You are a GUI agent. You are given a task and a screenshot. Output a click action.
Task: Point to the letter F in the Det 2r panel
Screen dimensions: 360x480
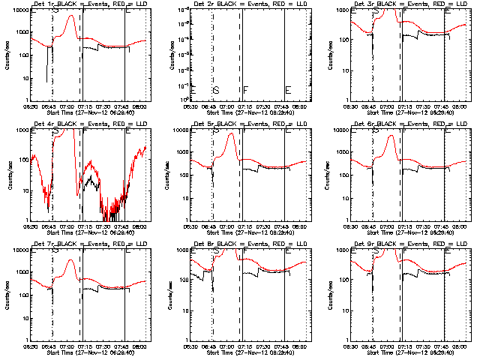pos(245,90)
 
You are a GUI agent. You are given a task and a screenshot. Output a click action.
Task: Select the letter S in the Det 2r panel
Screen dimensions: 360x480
pos(216,90)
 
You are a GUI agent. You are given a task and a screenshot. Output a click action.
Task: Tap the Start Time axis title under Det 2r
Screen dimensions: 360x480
pos(250,112)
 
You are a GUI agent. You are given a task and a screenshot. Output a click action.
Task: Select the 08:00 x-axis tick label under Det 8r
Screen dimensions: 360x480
pos(300,346)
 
